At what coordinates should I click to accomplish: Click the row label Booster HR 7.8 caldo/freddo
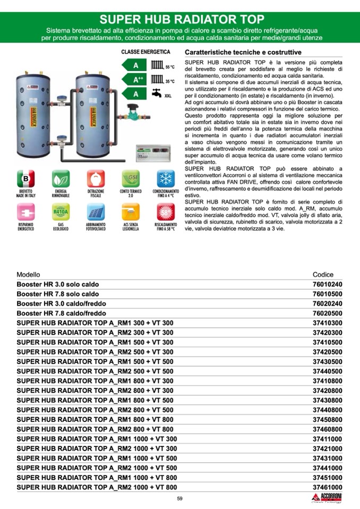click(62, 313)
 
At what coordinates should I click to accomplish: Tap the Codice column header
click(323, 274)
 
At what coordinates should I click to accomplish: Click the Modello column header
click(28, 274)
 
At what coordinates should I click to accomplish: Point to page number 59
click(179, 498)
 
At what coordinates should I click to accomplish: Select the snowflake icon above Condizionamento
click(166, 178)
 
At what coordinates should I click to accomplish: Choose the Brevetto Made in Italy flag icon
click(25, 178)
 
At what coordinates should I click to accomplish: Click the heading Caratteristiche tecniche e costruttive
click(243, 53)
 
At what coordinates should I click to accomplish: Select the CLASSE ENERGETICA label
click(145, 52)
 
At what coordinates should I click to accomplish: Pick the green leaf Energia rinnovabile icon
click(61, 178)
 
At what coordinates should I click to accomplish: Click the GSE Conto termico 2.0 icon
click(131, 178)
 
